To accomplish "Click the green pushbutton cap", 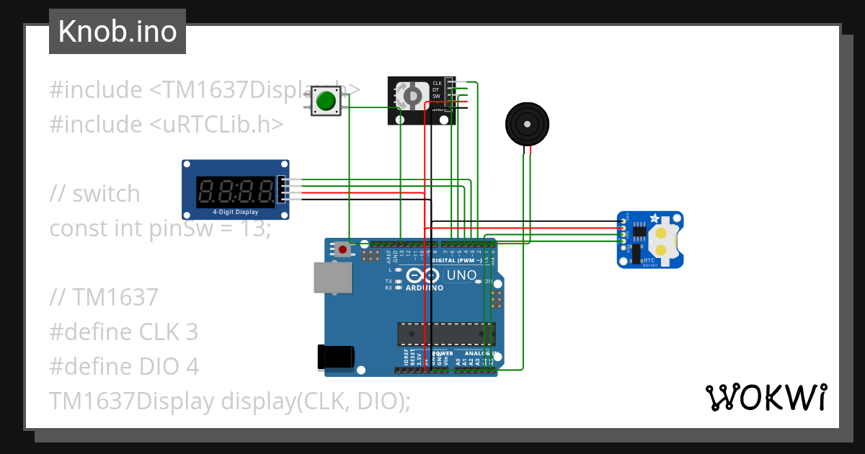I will [x=328, y=101].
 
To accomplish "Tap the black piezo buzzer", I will [x=526, y=124].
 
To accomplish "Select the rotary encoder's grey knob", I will [x=412, y=96].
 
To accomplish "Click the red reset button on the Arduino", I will [x=343, y=250].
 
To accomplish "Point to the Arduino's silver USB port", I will [x=332, y=277].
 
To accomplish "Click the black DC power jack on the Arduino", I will [x=336, y=357].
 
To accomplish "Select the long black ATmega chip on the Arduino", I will [x=446, y=334].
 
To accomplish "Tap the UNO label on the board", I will [x=461, y=275].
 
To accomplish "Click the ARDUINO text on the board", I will [x=424, y=288].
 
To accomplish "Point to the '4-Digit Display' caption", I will [x=235, y=213].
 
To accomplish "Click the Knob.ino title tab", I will [x=117, y=32].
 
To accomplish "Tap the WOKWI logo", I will [x=766, y=397].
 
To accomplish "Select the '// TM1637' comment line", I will [x=104, y=297].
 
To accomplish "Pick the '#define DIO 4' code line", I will [x=123, y=366].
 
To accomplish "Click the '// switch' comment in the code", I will [x=94, y=193].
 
